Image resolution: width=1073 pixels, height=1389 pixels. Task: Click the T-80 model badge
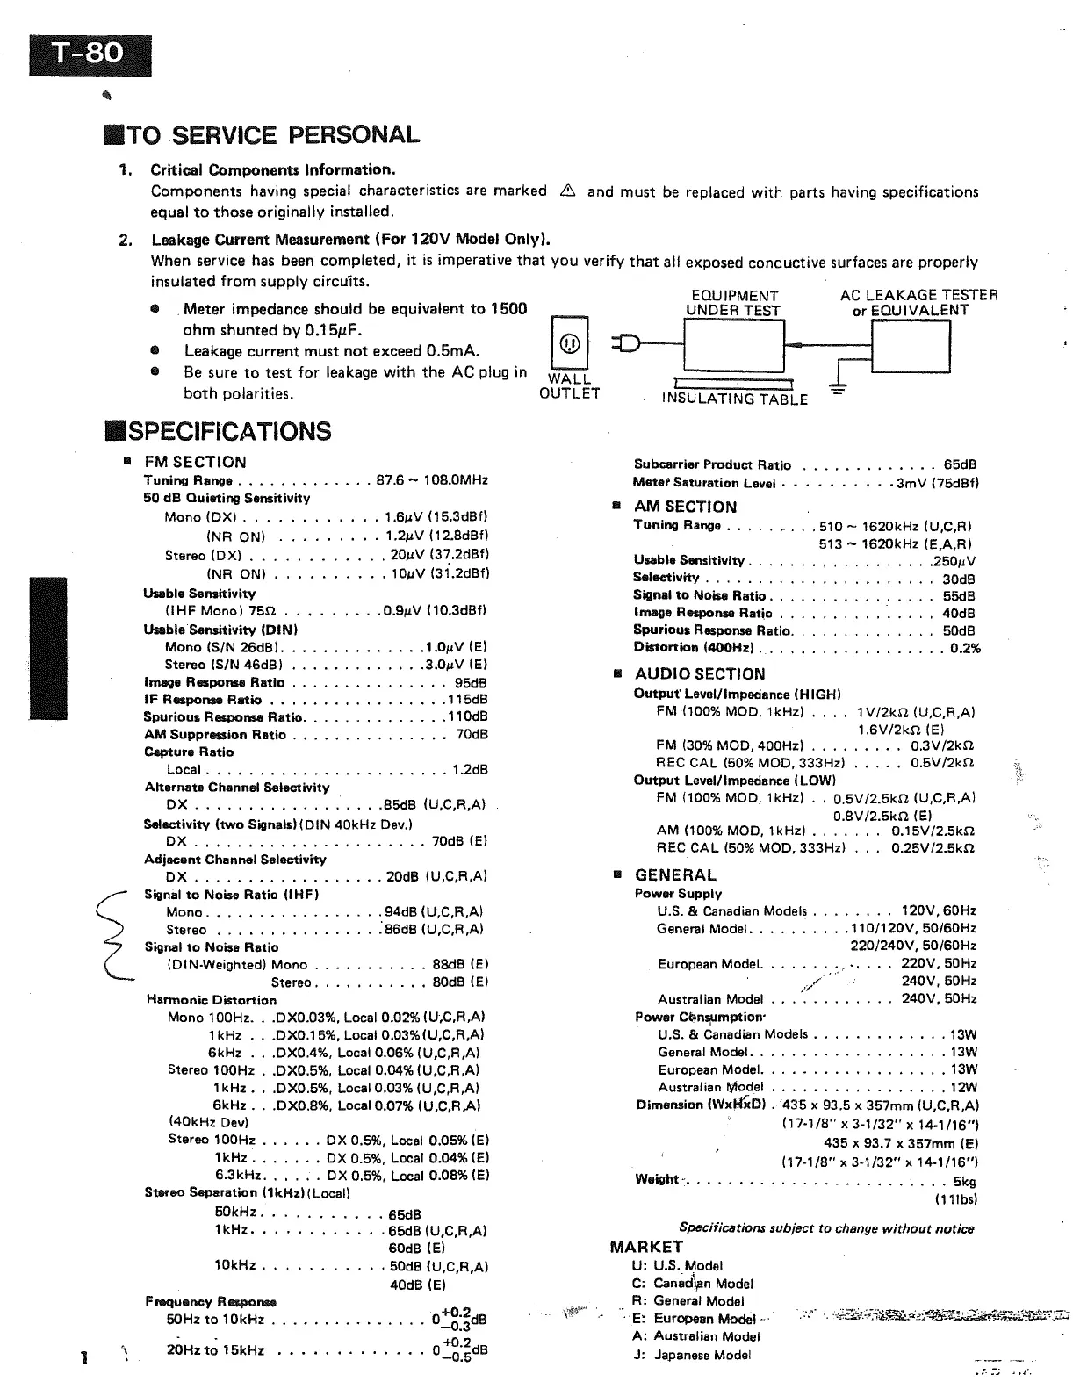90,54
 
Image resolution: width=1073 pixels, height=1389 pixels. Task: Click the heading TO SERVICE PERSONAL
262,135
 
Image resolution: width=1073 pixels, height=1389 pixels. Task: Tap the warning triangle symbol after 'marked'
566,191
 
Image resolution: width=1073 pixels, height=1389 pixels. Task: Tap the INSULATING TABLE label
734,399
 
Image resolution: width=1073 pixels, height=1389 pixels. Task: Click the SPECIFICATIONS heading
218,431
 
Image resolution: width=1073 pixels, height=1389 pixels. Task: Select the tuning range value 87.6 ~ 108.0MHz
432,480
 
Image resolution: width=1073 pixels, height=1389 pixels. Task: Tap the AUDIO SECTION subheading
699,673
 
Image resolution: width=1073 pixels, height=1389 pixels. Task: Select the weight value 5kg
964,1182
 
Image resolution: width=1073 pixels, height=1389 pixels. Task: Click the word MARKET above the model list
646,1247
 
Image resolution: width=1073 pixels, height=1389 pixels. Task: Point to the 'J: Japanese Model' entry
691,1355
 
